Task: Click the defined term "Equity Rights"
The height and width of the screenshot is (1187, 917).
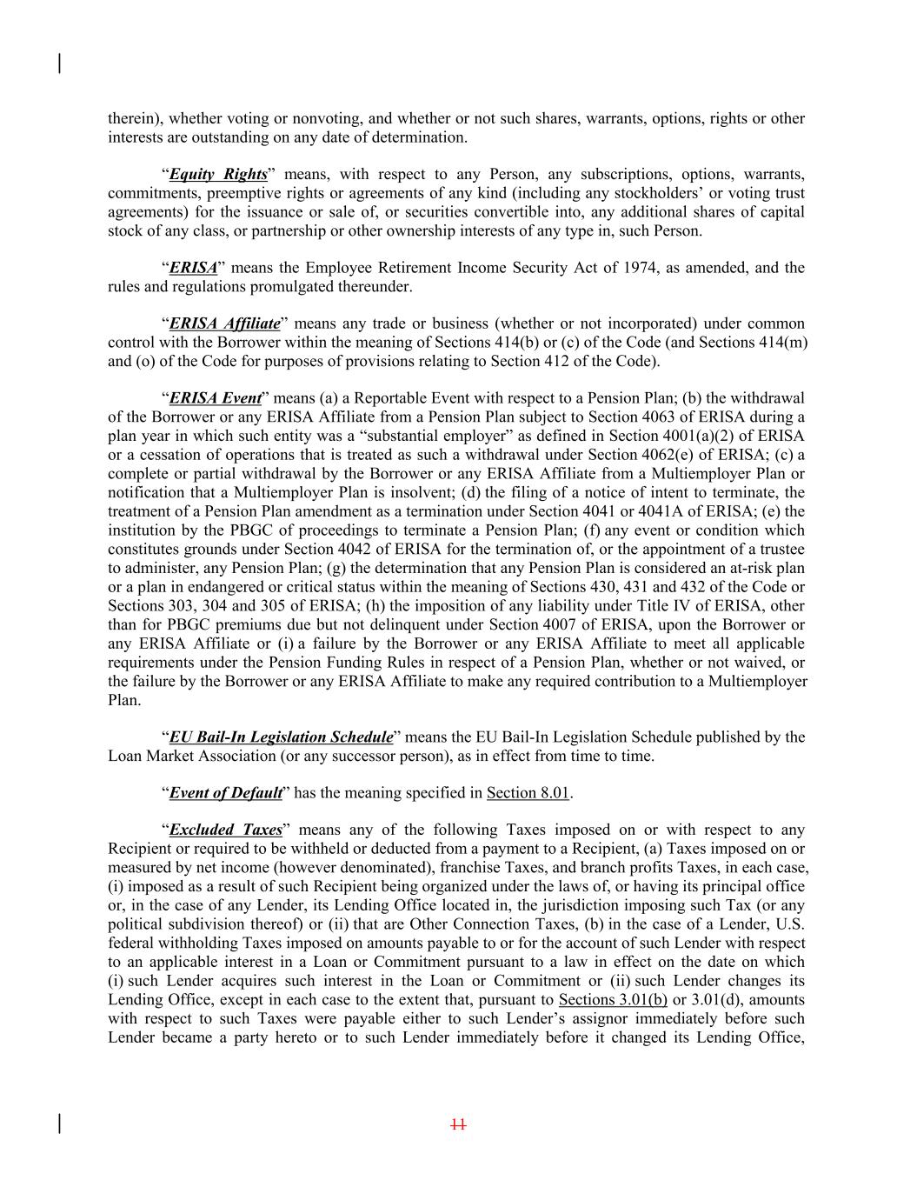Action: (217, 174)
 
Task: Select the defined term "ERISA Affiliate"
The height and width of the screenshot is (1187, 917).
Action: (224, 323)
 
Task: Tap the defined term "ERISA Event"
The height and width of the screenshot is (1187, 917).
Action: (215, 398)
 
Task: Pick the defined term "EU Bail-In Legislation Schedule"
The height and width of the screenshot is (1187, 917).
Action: (281, 737)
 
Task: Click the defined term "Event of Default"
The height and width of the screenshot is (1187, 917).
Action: (225, 792)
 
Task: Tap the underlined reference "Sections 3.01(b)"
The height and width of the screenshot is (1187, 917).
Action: (613, 999)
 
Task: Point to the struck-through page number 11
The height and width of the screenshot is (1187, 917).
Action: (458, 1124)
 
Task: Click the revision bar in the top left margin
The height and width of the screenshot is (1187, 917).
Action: (59, 63)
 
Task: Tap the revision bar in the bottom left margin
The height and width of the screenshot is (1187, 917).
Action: (59, 1124)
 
